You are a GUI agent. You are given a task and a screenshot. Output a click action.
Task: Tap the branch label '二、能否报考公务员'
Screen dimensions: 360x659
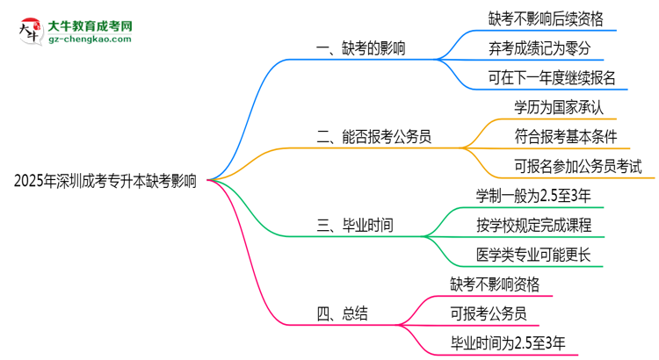[x=379, y=136]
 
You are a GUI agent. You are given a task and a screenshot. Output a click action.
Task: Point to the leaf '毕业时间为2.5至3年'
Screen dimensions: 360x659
[x=508, y=342]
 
